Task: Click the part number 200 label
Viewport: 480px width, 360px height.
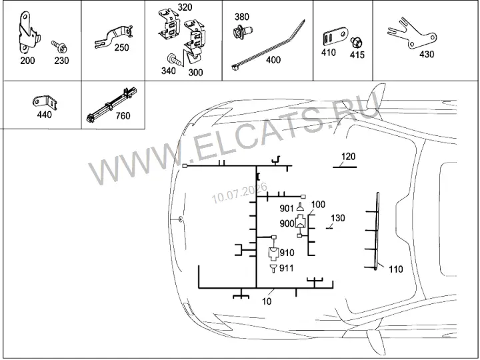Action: pos(27,61)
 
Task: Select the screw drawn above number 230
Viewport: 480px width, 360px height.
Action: pos(59,47)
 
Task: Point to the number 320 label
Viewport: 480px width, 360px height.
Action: pos(185,7)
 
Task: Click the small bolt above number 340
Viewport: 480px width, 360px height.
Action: pos(174,59)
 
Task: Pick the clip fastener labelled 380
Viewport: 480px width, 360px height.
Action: pos(243,32)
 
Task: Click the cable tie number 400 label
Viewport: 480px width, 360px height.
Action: pos(273,60)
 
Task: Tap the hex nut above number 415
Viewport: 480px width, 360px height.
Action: pos(356,43)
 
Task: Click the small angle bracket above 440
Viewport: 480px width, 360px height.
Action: pos(45,103)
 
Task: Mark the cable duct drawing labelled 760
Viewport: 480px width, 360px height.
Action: pos(112,105)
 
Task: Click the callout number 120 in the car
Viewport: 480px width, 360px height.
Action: pos(348,157)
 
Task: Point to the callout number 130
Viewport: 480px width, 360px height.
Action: pos(337,218)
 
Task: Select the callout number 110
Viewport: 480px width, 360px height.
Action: pos(396,269)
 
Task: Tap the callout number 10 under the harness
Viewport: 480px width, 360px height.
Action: pos(267,301)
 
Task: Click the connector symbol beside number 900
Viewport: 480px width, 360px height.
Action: pos(300,221)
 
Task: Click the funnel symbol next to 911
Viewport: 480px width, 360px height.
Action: pos(273,269)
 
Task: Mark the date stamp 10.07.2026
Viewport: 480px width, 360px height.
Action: pos(239,193)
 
